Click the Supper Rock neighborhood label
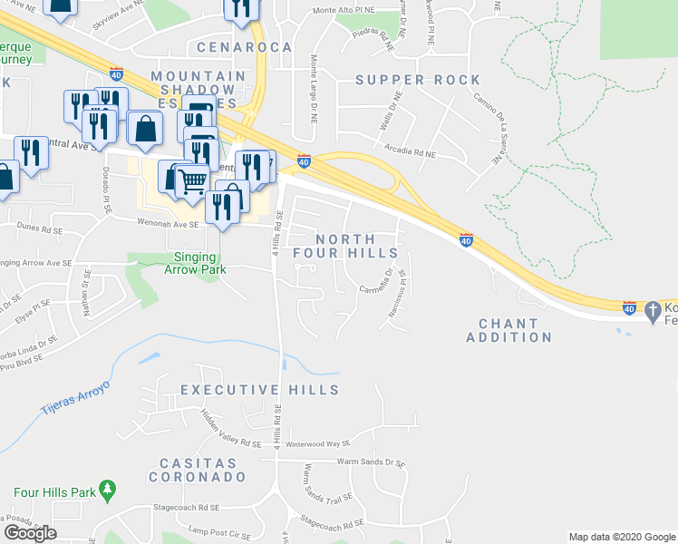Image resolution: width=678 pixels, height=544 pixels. [x=418, y=80]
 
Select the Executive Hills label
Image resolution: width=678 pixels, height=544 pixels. [x=259, y=390]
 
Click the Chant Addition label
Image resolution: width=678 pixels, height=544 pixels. [x=508, y=330]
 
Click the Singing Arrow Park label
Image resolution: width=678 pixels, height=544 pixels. [x=195, y=263]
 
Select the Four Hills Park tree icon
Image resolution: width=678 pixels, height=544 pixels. [x=109, y=491]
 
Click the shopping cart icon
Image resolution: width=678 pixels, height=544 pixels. [x=190, y=181]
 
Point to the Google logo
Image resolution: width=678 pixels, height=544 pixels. [x=30, y=533]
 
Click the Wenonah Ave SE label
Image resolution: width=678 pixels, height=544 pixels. [x=168, y=222]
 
